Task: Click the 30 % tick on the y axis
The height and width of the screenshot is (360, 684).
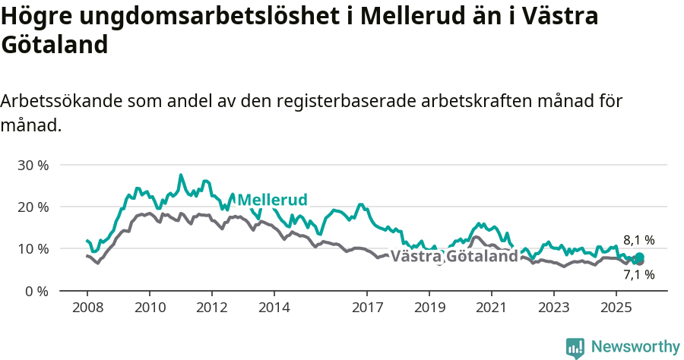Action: coord(33,165)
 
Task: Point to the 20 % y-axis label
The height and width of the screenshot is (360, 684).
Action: coord(33,207)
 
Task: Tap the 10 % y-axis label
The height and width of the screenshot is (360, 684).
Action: coord(33,248)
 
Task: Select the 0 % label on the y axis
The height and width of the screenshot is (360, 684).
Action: coord(37,291)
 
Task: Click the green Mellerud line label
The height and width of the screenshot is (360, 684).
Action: coord(272,200)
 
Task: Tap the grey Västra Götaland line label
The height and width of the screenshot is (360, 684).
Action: coord(454,256)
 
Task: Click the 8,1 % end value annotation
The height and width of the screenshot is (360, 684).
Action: coord(638,240)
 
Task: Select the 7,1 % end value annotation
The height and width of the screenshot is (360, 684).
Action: coord(638,275)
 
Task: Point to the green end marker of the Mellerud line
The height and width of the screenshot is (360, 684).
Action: coord(639,257)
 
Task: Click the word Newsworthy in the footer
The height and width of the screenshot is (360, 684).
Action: coord(635,346)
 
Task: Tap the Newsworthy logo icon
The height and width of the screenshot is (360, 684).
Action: coord(575,347)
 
